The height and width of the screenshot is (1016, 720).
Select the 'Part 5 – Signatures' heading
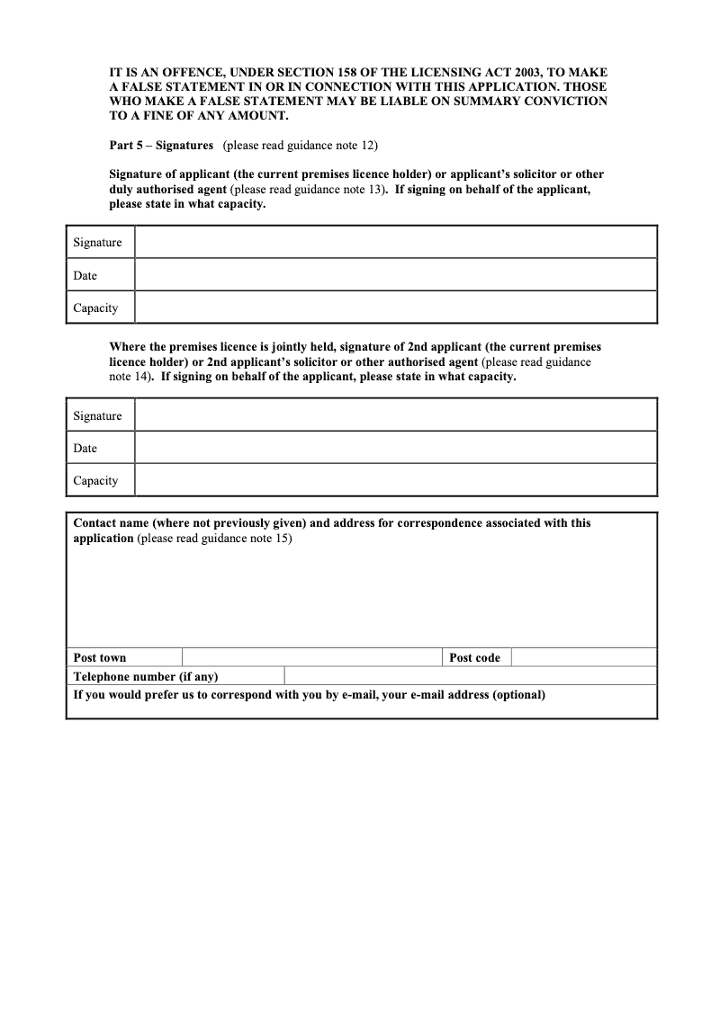tap(161, 145)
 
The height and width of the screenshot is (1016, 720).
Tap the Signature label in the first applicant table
tap(97, 243)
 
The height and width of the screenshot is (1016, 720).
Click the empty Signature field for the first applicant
tap(396, 243)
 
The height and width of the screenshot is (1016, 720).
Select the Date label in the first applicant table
tap(85, 275)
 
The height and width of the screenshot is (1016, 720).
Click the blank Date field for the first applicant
tap(396, 275)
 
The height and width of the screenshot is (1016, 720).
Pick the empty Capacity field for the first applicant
tap(396, 307)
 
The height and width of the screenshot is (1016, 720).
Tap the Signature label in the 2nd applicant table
tap(97, 415)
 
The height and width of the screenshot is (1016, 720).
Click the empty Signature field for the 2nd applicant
tap(396, 415)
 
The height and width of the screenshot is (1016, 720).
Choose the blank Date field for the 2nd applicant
tap(396, 448)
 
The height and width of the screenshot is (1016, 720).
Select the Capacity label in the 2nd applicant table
tap(95, 480)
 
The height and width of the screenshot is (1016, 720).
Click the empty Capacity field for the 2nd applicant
tap(396, 480)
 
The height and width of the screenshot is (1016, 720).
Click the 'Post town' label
tap(100, 657)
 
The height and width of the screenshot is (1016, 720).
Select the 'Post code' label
tap(474, 657)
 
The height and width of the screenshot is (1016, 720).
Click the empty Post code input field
tap(583, 657)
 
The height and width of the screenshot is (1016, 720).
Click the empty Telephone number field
tap(470, 676)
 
